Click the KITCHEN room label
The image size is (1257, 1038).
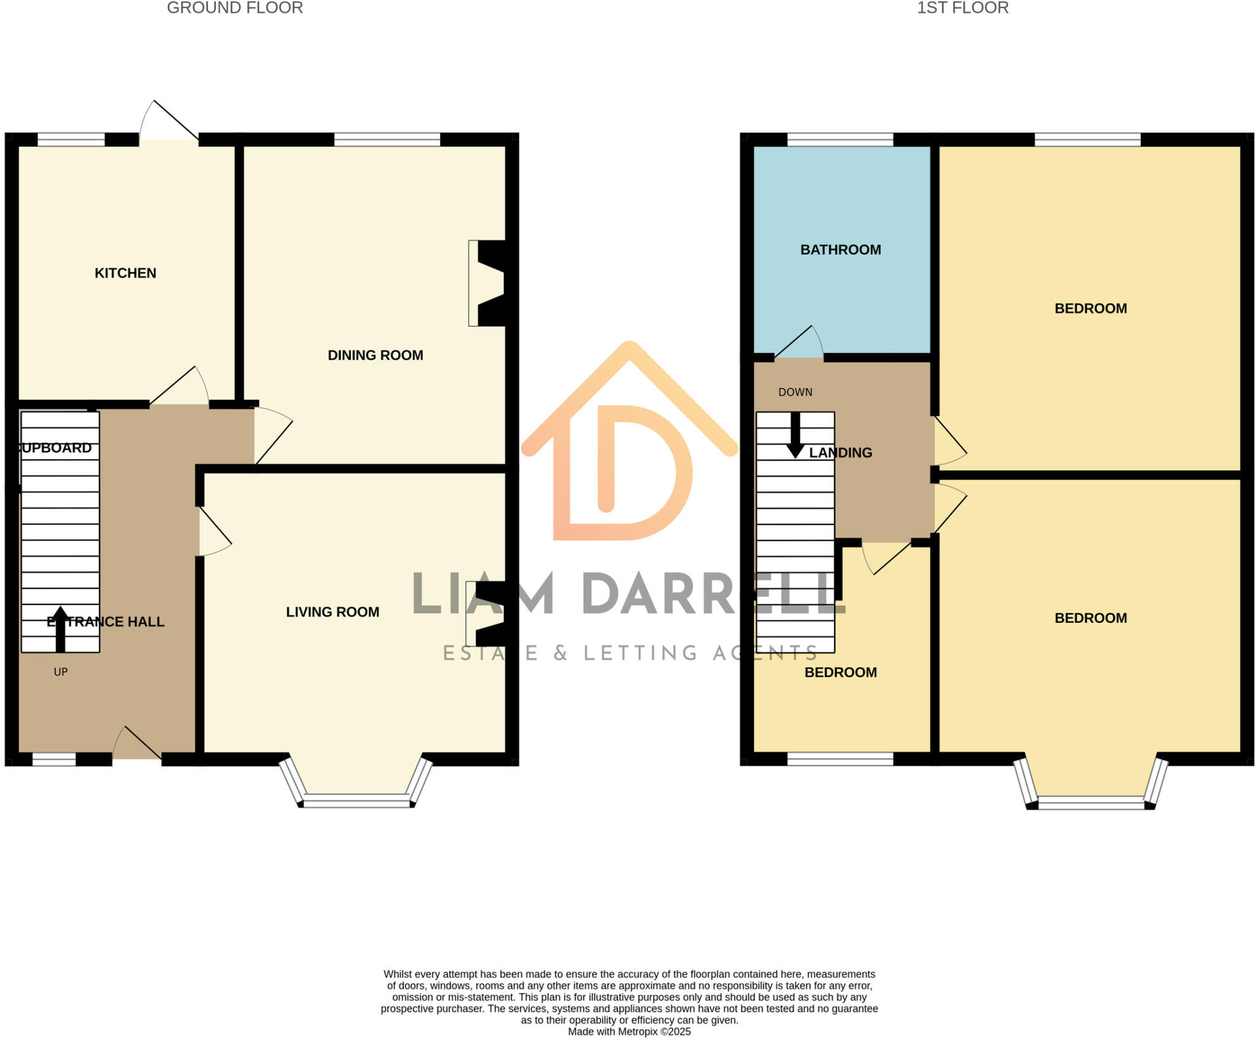click(125, 273)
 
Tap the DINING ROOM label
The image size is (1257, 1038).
click(375, 356)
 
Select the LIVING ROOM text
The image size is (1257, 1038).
click(332, 612)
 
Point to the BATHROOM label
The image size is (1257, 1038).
click(840, 250)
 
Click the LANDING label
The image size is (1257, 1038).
click(840, 453)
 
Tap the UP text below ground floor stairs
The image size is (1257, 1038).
click(60, 672)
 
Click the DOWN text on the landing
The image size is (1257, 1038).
click(795, 392)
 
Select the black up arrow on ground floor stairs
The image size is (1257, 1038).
click(60, 629)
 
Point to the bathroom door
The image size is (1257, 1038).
click(799, 343)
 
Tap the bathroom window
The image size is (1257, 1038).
click(840, 139)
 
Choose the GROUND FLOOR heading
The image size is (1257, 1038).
click(235, 8)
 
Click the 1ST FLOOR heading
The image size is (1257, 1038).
click(962, 8)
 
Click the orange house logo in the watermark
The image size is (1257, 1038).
click(628, 442)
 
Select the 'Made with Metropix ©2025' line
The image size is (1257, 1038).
click(629, 1032)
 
